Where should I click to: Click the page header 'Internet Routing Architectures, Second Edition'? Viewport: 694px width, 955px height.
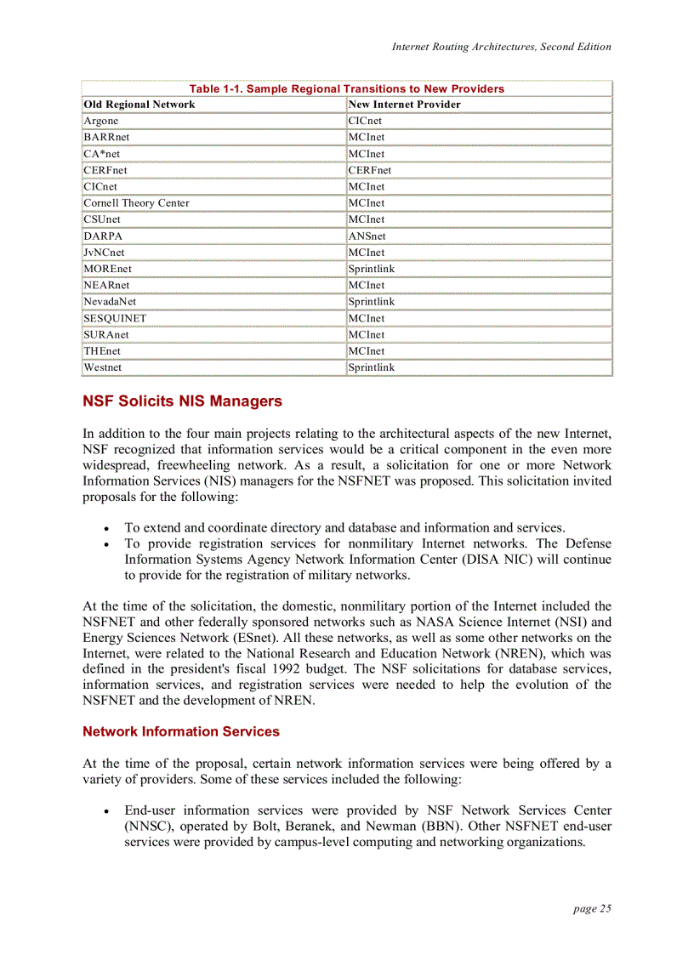click(x=501, y=47)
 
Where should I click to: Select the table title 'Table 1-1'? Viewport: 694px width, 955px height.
click(x=346, y=88)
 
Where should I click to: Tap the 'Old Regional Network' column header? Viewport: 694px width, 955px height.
click(x=139, y=105)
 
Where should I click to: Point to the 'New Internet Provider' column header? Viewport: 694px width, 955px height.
click(x=405, y=105)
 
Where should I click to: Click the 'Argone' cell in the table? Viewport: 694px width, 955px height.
click(x=101, y=121)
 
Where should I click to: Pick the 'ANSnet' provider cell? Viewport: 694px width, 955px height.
click(x=367, y=236)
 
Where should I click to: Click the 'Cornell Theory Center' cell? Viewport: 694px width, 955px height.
click(x=137, y=203)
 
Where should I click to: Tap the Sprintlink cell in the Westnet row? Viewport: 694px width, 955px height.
click(x=372, y=367)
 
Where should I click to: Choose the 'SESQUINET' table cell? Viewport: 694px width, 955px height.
click(x=115, y=318)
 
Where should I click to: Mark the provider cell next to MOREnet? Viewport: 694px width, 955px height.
click(x=372, y=269)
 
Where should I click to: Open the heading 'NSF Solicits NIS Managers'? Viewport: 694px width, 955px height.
click(x=182, y=401)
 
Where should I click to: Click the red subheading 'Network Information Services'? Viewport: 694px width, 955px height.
click(x=180, y=731)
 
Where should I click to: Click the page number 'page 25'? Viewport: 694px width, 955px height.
click(x=592, y=908)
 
